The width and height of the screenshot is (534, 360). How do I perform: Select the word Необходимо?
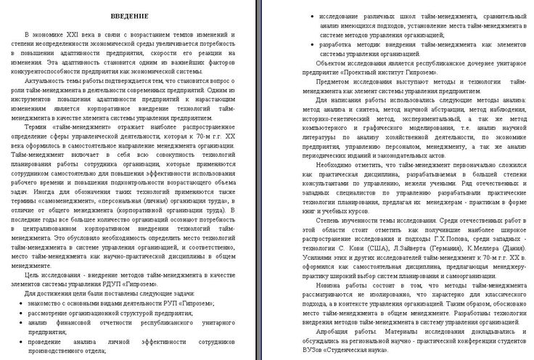(321, 165)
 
